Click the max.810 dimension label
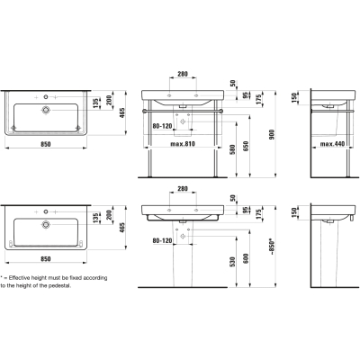(183, 144)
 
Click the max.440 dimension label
(332, 144)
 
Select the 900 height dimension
(272, 134)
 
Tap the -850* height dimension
(273, 247)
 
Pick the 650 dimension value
(246, 146)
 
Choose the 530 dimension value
(233, 262)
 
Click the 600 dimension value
(246, 258)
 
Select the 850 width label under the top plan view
(46, 144)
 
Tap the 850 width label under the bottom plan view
(46, 259)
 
